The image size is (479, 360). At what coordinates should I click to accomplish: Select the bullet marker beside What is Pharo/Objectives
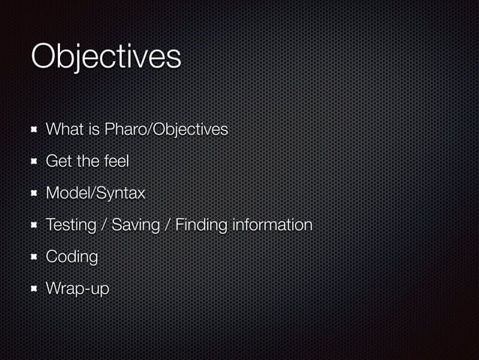pos(33,130)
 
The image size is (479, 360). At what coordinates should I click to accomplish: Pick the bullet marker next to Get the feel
pos(33,162)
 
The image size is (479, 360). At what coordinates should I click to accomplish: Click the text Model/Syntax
pos(95,193)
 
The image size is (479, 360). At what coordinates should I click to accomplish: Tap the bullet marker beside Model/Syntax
pos(33,193)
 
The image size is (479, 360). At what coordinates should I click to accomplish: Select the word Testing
pos(71,225)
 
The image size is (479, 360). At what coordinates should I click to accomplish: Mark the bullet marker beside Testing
pos(33,225)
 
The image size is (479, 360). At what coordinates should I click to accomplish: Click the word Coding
pos(72,257)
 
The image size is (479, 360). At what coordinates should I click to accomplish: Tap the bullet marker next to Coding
pos(33,257)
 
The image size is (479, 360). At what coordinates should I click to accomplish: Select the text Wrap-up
pos(77,289)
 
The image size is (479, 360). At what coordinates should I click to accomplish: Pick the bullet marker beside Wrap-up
pos(33,289)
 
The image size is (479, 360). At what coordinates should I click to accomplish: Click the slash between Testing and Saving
pos(106,225)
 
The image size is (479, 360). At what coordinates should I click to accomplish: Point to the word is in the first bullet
pos(94,130)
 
